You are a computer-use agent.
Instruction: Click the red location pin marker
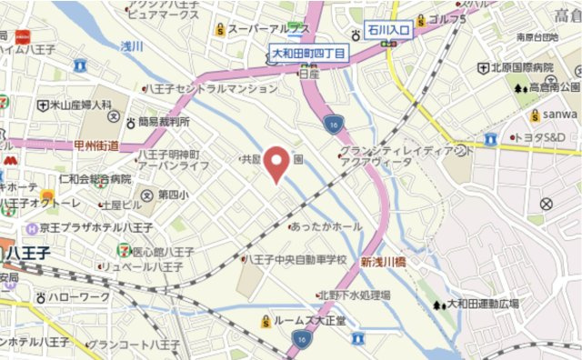[278, 160]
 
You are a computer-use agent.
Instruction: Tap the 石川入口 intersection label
[390, 31]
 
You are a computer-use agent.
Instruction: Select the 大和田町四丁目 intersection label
[309, 55]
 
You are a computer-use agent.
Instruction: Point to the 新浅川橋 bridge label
[388, 261]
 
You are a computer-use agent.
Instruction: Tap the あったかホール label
[326, 226]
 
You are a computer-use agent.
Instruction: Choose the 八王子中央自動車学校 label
[297, 260]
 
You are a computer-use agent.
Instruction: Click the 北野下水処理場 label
[354, 295]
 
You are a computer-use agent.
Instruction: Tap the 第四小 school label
[172, 195]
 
